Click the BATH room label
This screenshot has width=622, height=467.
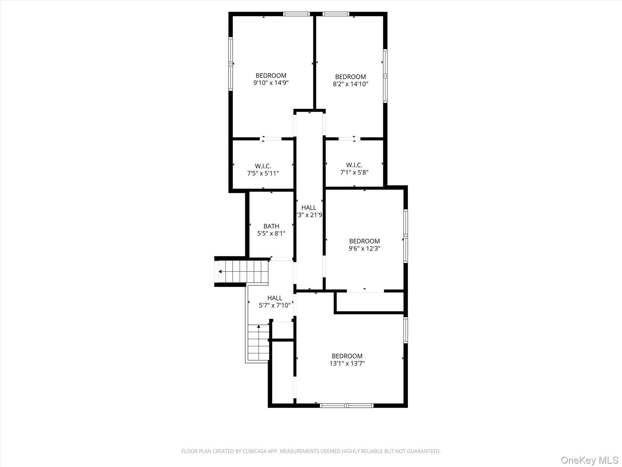click(x=271, y=226)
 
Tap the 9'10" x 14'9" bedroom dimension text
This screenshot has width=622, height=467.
click(x=271, y=83)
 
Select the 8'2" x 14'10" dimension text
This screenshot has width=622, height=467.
click(x=350, y=84)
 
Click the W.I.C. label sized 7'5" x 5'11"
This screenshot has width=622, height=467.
click(x=263, y=166)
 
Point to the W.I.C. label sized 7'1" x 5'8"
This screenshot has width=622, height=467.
click(x=354, y=165)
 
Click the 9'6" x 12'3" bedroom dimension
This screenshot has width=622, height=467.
click(x=364, y=248)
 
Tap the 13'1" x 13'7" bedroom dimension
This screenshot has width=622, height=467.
click(x=347, y=363)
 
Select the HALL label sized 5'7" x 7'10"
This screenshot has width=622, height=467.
click(x=275, y=298)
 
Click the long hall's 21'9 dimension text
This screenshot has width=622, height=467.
click(x=309, y=215)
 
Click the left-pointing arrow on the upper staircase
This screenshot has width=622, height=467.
click(x=220, y=272)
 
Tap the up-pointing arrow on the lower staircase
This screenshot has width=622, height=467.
click(x=258, y=327)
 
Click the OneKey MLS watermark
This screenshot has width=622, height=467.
click(x=590, y=460)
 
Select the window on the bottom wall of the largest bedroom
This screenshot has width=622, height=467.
click(x=347, y=405)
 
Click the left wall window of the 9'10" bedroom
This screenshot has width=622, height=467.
click(x=231, y=64)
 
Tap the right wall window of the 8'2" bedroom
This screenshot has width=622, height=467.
click(x=385, y=76)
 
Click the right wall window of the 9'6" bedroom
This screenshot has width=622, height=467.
click(x=405, y=236)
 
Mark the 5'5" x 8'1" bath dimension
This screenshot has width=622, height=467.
click(x=271, y=233)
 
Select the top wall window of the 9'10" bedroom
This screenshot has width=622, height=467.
click(x=296, y=14)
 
